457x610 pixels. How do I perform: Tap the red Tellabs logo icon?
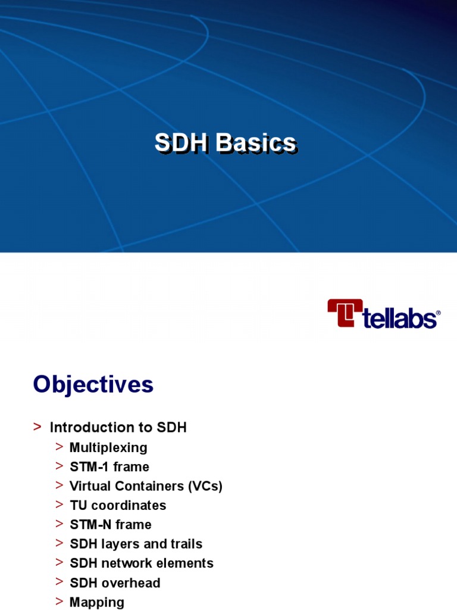[345, 313]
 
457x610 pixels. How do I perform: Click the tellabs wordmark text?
[400, 318]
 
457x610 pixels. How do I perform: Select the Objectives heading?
[93, 385]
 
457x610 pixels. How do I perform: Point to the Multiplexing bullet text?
[108, 447]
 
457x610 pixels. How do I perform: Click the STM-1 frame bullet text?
[109, 466]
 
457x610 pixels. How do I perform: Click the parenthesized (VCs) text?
[205, 486]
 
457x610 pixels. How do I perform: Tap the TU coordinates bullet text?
[118, 505]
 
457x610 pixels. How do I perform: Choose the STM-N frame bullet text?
[111, 525]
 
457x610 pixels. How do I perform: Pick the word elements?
[188, 564]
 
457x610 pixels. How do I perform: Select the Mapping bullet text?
[97, 602]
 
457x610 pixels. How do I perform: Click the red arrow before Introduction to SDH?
[37, 427]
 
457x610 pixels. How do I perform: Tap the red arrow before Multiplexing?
[59, 447]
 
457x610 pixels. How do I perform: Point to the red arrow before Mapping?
[59, 601]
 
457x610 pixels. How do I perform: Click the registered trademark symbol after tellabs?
[439, 312]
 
